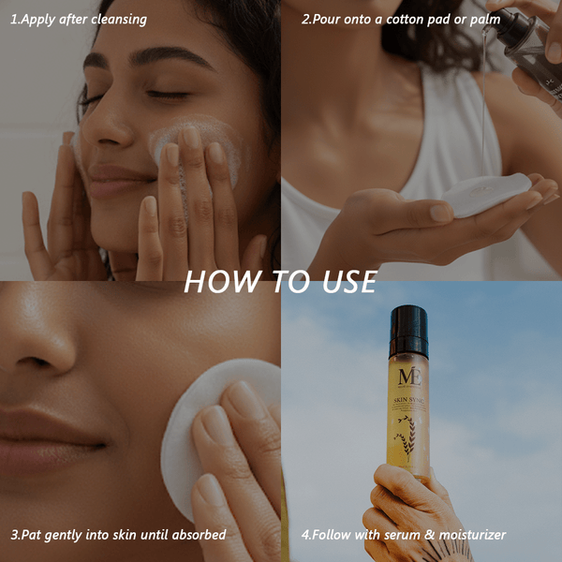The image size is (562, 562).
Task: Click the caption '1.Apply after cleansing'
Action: pyautogui.click(x=79, y=19)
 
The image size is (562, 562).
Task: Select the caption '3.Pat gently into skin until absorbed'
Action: pyautogui.click(x=119, y=535)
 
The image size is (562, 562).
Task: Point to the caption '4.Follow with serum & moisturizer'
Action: pyautogui.click(x=404, y=535)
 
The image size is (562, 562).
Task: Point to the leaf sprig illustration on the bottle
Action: pyautogui.click(x=406, y=440)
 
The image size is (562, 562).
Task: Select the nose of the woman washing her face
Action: pyautogui.click(x=111, y=131)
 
